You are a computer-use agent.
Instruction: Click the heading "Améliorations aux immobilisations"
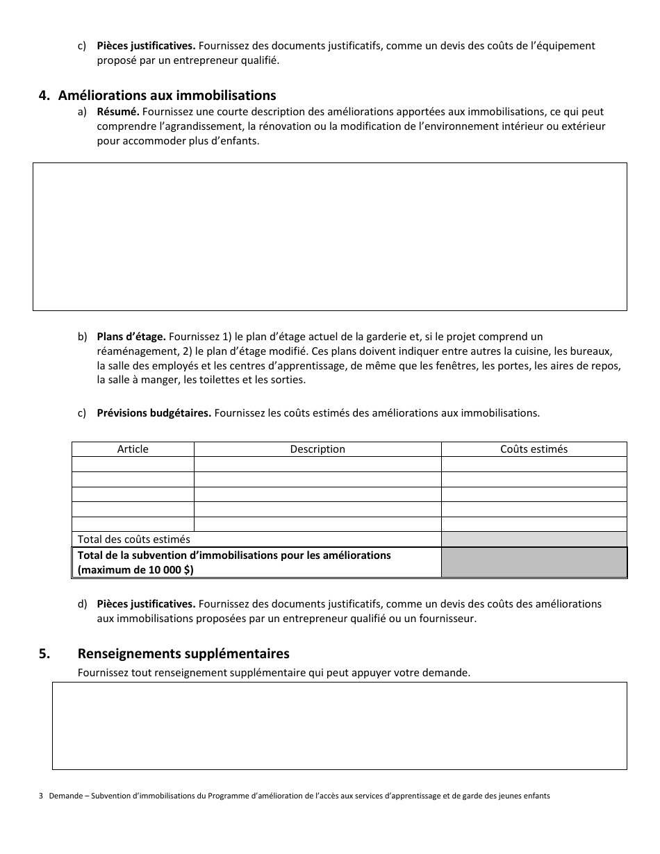tap(167, 96)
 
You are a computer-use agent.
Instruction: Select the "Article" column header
tap(133, 449)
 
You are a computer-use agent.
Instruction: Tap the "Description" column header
tap(317, 449)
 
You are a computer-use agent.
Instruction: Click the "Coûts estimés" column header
tap(534, 449)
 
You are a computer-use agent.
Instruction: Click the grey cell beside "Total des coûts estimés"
tap(534, 539)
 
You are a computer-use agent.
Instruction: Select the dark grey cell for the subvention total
tap(534, 562)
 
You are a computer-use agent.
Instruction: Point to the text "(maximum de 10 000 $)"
tap(136, 570)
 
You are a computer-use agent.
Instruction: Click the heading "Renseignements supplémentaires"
tap(183, 654)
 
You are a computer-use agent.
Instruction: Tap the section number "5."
tap(44, 654)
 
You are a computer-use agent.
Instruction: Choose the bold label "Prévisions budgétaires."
tap(154, 413)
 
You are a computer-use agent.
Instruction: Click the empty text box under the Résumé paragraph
tap(330, 236)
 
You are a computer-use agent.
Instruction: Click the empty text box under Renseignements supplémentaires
tap(339, 726)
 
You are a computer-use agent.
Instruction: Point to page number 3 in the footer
tap(41, 796)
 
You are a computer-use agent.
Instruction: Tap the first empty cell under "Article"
tap(133, 464)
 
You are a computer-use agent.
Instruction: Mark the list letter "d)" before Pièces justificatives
tap(82, 604)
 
